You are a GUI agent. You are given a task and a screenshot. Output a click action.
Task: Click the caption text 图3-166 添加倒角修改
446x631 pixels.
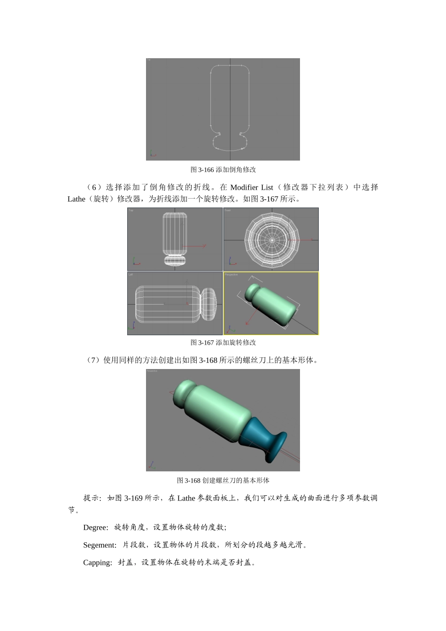[x=223, y=169]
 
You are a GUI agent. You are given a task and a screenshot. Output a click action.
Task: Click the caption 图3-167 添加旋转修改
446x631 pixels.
[x=223, y=342]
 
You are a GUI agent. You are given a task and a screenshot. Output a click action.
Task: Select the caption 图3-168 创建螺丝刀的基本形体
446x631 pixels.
[x=223, y=480]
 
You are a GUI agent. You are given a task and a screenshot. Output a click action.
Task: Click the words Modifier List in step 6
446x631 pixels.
[x=252, y=187]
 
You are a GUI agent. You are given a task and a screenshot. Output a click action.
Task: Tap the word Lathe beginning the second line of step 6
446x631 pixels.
[x=77, y=199]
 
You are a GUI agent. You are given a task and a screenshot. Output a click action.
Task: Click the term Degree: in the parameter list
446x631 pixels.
[x=96, y=527]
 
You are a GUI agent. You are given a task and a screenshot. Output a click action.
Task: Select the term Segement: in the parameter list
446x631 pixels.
[x=100, y=545]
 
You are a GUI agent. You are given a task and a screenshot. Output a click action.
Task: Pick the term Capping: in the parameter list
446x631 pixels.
[x=98, y=562]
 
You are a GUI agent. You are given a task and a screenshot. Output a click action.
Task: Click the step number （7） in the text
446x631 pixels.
[x=93, y=360]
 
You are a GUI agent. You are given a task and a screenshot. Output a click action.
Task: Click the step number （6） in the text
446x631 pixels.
[x=94, y=187]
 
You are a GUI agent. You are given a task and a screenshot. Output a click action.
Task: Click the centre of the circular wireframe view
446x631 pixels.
[x=272, y=240]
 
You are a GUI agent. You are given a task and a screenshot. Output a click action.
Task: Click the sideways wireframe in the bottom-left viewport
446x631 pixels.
[x=175, y=304]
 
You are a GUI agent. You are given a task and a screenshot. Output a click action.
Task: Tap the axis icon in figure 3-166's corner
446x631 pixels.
[x=153, y=154]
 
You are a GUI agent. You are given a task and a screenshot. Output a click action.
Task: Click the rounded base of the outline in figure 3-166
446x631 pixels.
[x=230, y=143]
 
